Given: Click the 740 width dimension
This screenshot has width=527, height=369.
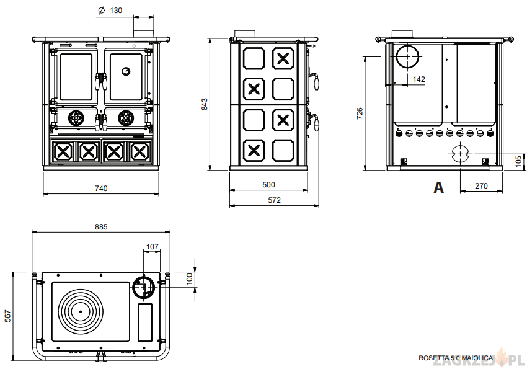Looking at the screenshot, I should point(101,188).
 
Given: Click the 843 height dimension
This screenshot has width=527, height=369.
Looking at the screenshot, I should point(205,104).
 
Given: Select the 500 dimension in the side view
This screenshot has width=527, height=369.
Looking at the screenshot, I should point(268,185).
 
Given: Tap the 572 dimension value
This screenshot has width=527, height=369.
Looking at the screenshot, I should point(274,200).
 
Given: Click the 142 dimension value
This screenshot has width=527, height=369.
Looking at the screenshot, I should point(418,79).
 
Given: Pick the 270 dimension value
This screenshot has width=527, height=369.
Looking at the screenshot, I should point(481,185).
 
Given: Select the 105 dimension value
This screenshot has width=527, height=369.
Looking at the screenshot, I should point(518,161).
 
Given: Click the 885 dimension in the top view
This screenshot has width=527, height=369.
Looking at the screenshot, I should point(101,227).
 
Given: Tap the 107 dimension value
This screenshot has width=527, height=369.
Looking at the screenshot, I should point(152,247).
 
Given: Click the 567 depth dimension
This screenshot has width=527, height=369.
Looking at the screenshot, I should point(8,316).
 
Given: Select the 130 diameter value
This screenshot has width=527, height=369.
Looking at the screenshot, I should point(116,11).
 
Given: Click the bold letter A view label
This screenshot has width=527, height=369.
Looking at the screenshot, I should point(438,187).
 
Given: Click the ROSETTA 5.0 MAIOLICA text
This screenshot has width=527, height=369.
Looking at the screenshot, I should point(456,358).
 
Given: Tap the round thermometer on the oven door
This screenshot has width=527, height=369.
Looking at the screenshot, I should point(126,71).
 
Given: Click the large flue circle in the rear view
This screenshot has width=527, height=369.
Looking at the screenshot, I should point(407,56).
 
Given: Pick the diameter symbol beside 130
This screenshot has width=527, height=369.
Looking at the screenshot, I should point(100,11).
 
